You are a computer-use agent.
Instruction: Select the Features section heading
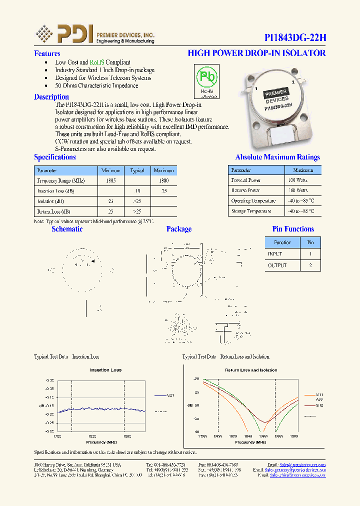tap(47, 53)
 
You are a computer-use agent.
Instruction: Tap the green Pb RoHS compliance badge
tap(206, 80)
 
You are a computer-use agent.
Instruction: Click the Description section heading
tap(51, 97)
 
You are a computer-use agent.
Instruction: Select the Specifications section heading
tap(54, 157)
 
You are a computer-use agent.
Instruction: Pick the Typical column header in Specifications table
tap(137, 170)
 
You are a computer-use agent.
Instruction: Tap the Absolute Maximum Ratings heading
tap(277, 157)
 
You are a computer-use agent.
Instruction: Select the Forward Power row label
tap(245, 180)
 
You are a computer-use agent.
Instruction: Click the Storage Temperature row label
tap(251, 211)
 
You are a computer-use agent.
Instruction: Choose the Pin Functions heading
tap(293, 229)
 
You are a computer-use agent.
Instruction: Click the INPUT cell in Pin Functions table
tap(275, 254)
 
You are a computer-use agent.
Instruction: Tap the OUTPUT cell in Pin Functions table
tap(277, 265)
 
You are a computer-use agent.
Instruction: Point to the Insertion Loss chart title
tap(105, 370)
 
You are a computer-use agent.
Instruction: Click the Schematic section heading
tap(67, 229)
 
